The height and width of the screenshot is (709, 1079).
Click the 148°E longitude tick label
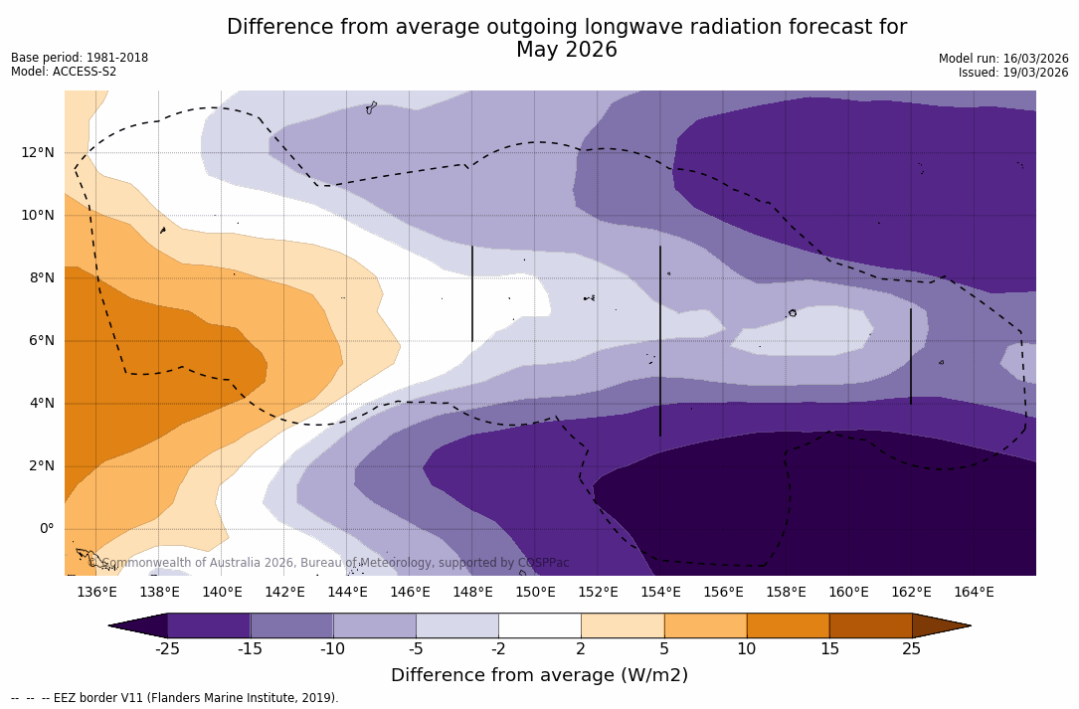472,593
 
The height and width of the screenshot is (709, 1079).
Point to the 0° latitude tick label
47,529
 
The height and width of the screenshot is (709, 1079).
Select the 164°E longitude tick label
974,593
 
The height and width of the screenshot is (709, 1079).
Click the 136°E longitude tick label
96,593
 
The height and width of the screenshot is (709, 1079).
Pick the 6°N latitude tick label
43,340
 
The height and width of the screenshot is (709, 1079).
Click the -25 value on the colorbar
167,649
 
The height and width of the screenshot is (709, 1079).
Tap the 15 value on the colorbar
828,649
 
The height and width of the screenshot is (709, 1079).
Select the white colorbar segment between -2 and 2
539,625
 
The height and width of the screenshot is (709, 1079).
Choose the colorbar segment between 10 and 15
788,625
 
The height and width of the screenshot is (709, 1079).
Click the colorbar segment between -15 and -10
291,625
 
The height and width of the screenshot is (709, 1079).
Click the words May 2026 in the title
566,50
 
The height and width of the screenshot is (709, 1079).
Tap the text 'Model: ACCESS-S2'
64,72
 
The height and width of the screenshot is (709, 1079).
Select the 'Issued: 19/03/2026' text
1012,73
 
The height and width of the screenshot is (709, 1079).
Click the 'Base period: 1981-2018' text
80,58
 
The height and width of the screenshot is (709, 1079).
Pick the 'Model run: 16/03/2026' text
1002,59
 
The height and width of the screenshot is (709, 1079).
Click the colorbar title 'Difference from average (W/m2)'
539,675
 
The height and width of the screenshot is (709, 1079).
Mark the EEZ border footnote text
175,698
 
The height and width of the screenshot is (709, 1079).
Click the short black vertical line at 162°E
910,356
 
